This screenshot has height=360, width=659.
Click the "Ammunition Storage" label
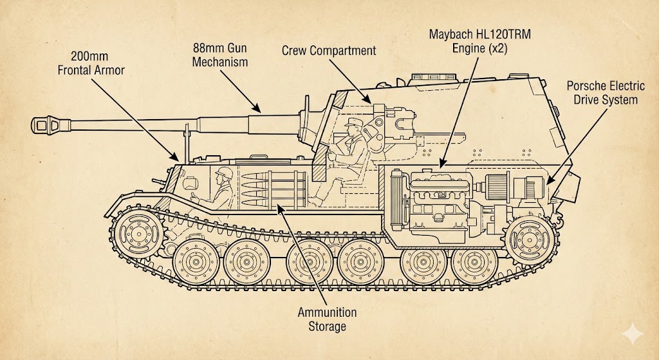click(x=327, y=319)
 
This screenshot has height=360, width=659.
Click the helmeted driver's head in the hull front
click(x=224, y=175)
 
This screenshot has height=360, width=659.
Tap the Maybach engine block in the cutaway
click(x=438, y=196)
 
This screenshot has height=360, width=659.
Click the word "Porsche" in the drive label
click(x=588, y=86)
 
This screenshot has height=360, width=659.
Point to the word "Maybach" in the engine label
click(x=451, y=33)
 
